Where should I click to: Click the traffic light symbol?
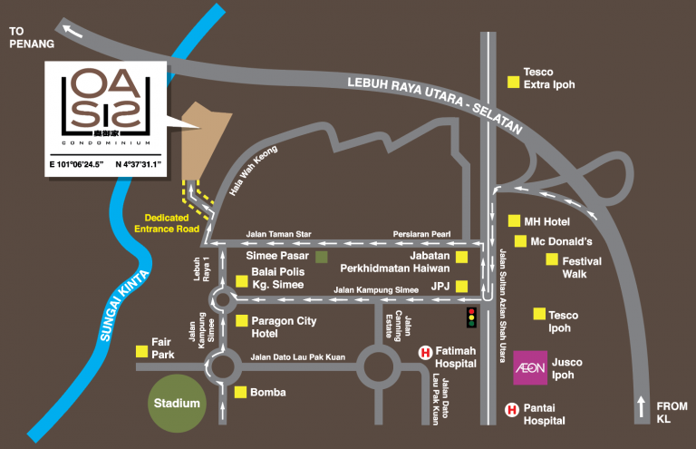(471, 317)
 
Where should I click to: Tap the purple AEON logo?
(530, 367)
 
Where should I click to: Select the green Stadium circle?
(177, 404)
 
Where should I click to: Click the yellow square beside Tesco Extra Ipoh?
(514, 82)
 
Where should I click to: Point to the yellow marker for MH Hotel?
(514, 220)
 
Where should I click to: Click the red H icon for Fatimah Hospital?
(425, 353)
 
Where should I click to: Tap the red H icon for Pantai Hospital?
(512, 409)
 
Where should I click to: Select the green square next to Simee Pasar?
(322, 257)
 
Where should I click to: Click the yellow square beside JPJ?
(461, 287)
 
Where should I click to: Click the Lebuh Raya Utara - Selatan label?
(435, 103)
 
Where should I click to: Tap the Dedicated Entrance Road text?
(167, 223)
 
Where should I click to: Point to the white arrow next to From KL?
(642, 406)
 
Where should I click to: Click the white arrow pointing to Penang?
(72, 31)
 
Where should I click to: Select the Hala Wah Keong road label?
(254, 171)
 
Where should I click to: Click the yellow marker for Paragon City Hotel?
(241, 321)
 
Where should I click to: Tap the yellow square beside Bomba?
(240, 392)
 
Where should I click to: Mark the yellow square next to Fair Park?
(141, 352)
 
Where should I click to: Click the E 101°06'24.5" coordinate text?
(76, 165)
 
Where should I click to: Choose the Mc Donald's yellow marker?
(520, 241)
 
